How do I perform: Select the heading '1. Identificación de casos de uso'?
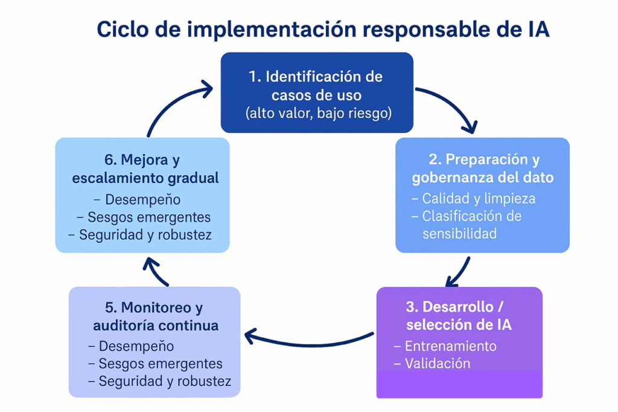tap(316, 86)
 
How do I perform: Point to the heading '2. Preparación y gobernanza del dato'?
tap(483, 169)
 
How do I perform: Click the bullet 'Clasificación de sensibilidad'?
tap(471, 225)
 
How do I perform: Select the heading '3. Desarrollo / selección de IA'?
tap(459, 315)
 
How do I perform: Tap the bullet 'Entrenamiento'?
tap(450, 346)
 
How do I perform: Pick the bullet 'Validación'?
tap(437, 364)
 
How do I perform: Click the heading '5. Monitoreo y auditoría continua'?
tap(156, 316)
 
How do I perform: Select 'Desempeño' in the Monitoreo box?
tap(136, 346)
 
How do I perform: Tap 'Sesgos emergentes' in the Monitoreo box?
tap(160, 364)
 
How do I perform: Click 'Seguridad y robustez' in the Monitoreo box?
tap(165, 382)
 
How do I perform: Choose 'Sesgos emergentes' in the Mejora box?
tap(149, 217)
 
